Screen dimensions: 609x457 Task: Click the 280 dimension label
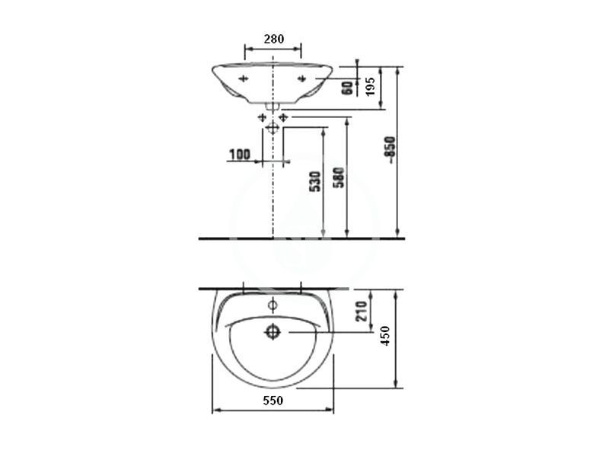[x=274, y=39]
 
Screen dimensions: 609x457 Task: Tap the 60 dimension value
[x=349, y=88]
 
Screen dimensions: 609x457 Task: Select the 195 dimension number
[x=370, y=86]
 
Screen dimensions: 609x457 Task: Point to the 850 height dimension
[x=389, y=149]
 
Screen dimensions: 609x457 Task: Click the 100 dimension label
[x=240, y=155]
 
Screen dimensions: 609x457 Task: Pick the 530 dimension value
[x=316, y=181]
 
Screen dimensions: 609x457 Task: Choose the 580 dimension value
[x=339, y=177]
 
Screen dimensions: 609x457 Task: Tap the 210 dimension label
[x=362, y=311]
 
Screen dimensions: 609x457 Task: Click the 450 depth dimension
[x=384, y=336]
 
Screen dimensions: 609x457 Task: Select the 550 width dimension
[x=273, y=401]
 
